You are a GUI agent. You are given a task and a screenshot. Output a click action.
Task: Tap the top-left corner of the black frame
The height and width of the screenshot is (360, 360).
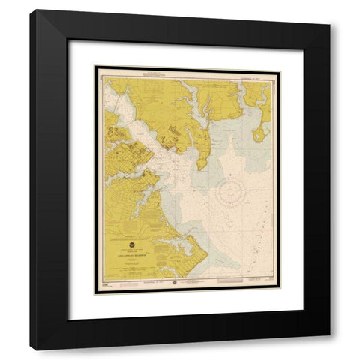31,10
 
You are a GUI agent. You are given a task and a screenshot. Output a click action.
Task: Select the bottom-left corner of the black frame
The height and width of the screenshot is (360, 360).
31,349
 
